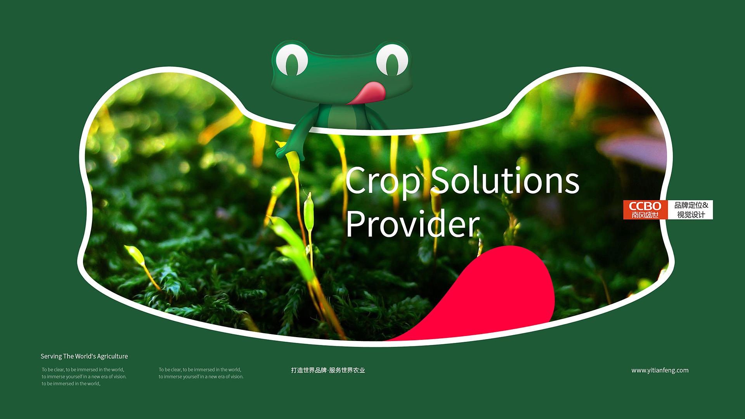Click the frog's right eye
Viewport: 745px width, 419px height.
pyautogui.click(x=392, y=60)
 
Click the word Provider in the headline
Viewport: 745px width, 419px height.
pyautogui.click(x=413, y=224)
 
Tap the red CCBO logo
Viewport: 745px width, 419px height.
pyautogui.click(x=645, y=210)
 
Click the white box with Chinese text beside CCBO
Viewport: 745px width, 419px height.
pyautogui.click(x=690, y=210)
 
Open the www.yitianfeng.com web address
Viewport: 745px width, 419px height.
pyautogui.click(x=660, y=371)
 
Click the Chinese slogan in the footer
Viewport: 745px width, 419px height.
pyautogui.click(x=328, y=371)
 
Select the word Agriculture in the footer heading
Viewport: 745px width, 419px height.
pyautogui.click(x=112, y=357)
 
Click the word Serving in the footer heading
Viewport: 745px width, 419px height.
pyautogui.click(x=51, y=357)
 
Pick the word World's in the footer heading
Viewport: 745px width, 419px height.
pyautogui.click(x=85, y=356)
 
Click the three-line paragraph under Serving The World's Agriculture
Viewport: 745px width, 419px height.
pyautogui.click(x=84, y=377)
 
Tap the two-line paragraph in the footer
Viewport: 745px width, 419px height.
pyautogui.click(x=201, y=373)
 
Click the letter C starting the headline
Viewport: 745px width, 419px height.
pyautogui.click(x=356, y=180)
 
